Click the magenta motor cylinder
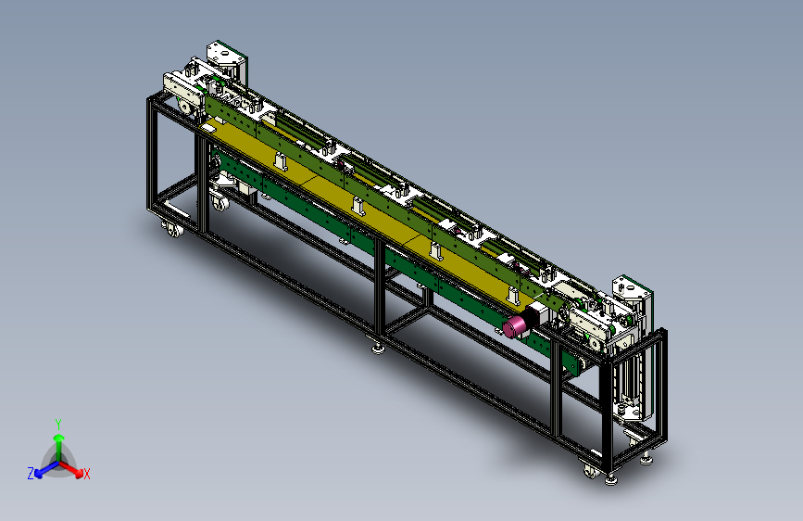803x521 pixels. click(515, 326)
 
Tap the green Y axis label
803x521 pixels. click(58, 425)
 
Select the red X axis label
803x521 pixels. click(86, 475)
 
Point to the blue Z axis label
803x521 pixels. click(31, 474)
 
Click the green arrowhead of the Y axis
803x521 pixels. click(59, 438)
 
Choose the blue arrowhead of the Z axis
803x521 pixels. click(39, 474)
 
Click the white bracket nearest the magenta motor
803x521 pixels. click(513, 297)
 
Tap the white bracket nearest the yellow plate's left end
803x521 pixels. click(280, 161)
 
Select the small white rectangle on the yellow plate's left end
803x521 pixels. click(209, 128)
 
